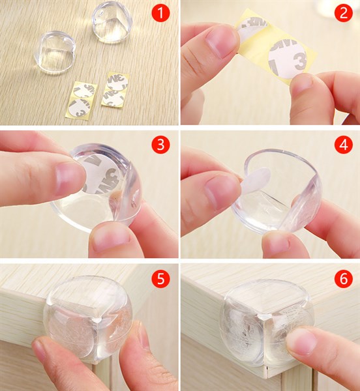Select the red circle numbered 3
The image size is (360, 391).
coord(160,143)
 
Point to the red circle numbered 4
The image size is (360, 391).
coord(343,143)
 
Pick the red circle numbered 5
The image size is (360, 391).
coord(160,279)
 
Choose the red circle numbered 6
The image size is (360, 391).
coord(343,279)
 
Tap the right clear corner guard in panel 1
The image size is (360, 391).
coord(112,22)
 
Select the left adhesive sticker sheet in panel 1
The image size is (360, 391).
coord(83,98)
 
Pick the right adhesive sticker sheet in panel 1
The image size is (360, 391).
coord(114,90)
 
